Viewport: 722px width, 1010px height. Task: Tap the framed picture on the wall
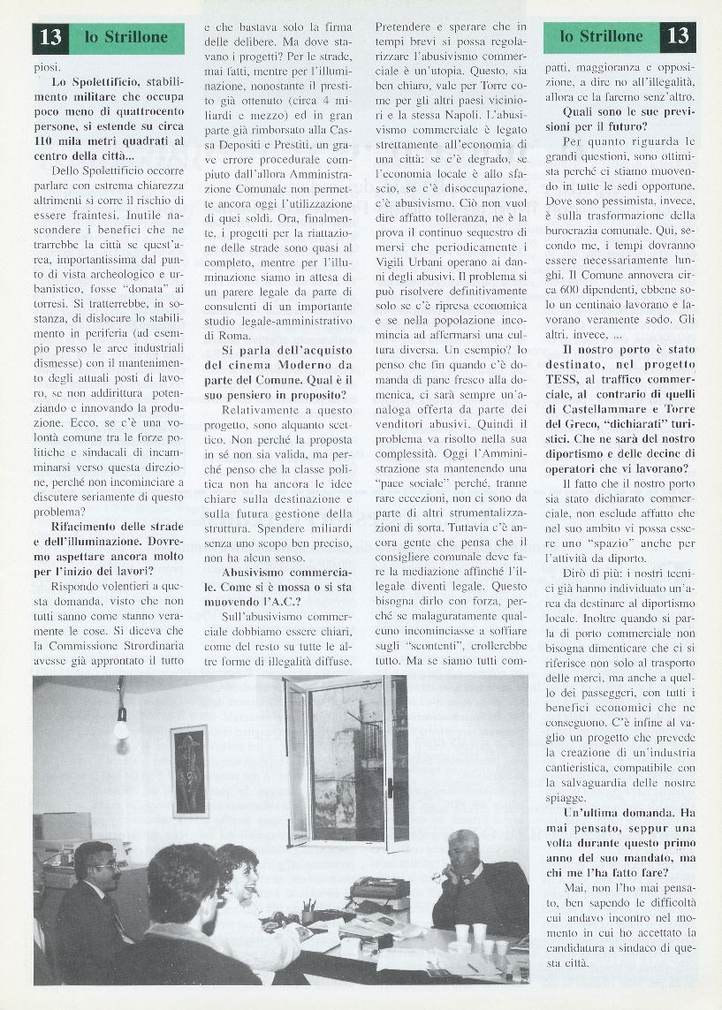click(x=189, y=771)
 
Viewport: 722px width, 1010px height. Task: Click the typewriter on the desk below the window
click(x=383, y=888)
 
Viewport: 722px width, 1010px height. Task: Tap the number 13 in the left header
click(x=51, y=37)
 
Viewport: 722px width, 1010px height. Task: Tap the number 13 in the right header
click(x=678, y=37)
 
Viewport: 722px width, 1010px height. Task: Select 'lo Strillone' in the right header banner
click(x=602, y=37)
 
